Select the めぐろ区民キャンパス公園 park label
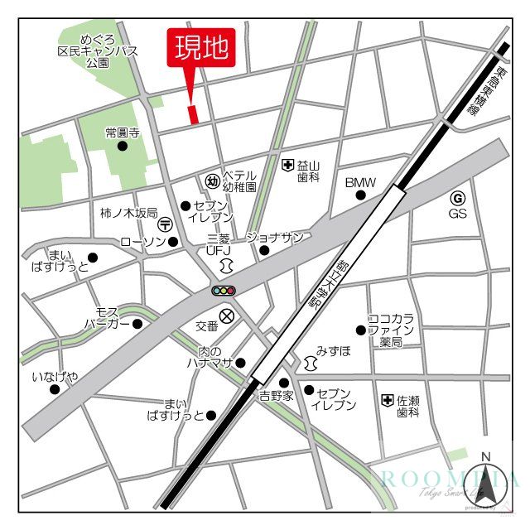coord(97,50)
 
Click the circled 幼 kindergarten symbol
coord(211,181)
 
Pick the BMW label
coord(360,182)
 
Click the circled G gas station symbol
coord(458,198)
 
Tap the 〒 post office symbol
coord(166,224)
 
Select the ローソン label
coord(138,242)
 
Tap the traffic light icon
coord(224,291)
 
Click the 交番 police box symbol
coord(226,316)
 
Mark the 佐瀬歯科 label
coord(407,406)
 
